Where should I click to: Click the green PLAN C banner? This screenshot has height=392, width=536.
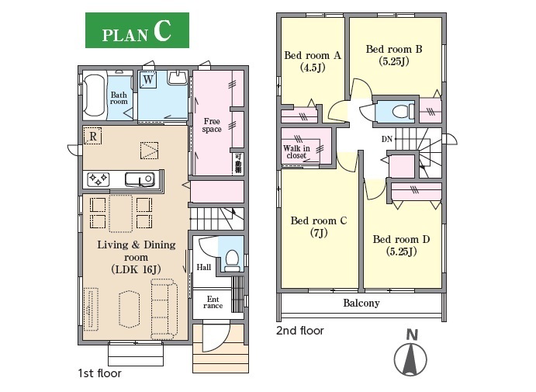tap(137, 30)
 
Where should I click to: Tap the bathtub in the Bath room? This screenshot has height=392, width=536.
tap(95, 95)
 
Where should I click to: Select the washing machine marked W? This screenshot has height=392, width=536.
tap(148, 80)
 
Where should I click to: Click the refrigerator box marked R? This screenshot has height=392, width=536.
tap(92, 136)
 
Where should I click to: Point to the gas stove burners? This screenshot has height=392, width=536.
tap(98, 179)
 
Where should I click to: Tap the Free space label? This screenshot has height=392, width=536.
tap(212, 125)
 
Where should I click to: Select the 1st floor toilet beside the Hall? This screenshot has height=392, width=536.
tap(232, 261)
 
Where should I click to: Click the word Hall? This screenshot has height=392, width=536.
tap(204, 267)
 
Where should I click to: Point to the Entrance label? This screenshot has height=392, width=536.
tap(213, 303)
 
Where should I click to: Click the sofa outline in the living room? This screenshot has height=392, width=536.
tap(164, 307)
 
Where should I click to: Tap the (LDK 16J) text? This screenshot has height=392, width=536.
tap(136, 269)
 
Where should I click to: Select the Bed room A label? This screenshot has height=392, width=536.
tap(313, 55)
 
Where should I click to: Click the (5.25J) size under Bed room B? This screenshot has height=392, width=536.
tap(394, 61)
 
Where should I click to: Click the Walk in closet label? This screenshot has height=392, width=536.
tap(296, 152)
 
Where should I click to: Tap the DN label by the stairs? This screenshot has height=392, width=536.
tap(386, 139)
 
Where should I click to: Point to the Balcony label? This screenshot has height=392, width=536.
tap(361, 303)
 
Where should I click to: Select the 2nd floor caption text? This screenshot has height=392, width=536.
tap(299, 331)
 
